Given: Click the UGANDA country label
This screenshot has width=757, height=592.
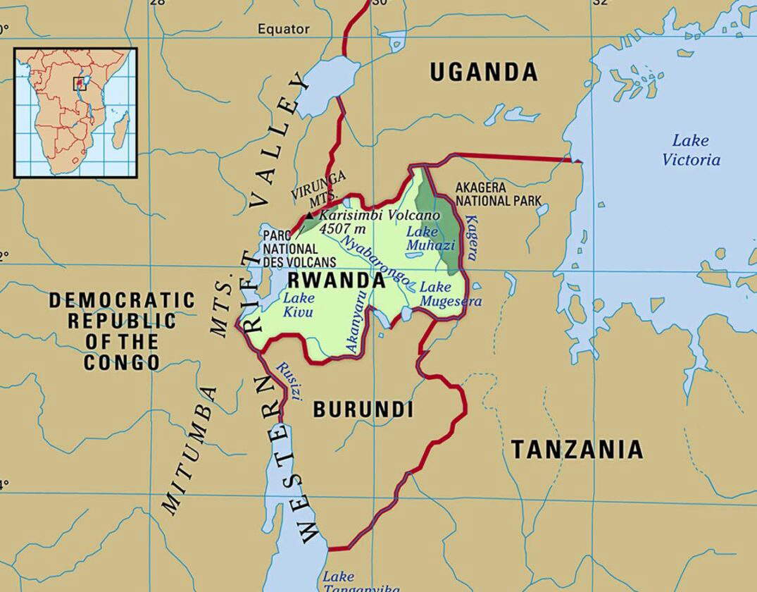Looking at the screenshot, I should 483,72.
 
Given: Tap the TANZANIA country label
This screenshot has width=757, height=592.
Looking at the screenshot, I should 577,449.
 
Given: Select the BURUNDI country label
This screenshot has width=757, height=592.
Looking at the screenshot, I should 363,409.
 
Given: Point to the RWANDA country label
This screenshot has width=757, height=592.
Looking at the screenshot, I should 337,280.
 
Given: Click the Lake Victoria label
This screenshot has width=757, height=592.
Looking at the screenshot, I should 691,150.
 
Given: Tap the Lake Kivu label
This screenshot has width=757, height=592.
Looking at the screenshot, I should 298,305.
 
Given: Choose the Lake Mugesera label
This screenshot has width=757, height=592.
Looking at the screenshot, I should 451,295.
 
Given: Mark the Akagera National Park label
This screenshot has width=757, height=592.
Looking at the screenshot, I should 499,195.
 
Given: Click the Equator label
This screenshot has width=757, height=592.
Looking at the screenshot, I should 283,29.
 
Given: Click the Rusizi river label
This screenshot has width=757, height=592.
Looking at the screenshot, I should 288,381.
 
